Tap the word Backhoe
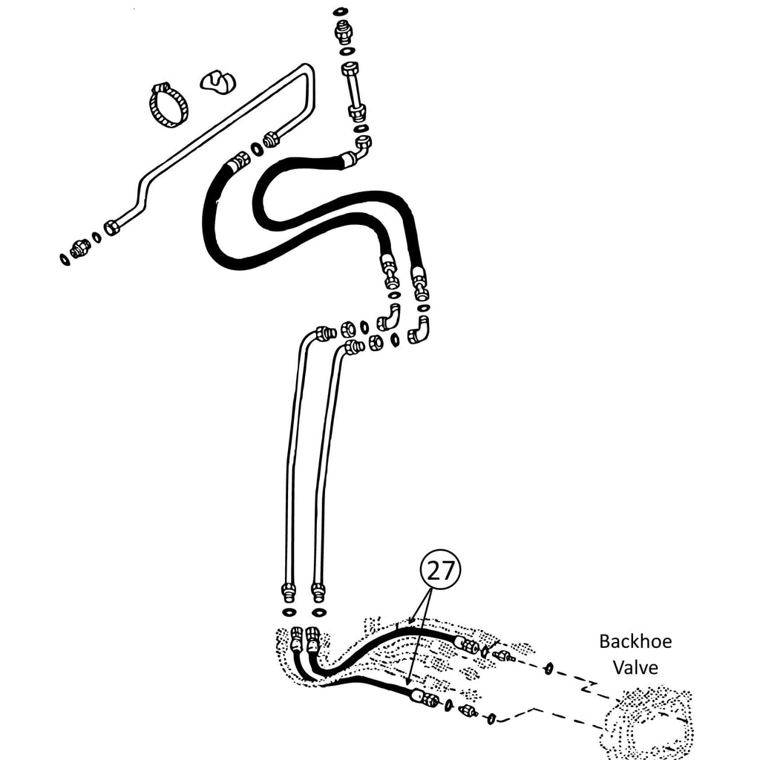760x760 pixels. pos(635,641)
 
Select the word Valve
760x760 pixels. pos(635,667)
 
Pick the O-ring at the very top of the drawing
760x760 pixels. pos(340,12)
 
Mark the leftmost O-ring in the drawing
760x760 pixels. pos(65,258)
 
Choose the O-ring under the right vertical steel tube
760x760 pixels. pos(318,613)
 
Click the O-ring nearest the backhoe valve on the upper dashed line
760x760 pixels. pos(548,669)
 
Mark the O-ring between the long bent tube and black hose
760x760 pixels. pos(257,149)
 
